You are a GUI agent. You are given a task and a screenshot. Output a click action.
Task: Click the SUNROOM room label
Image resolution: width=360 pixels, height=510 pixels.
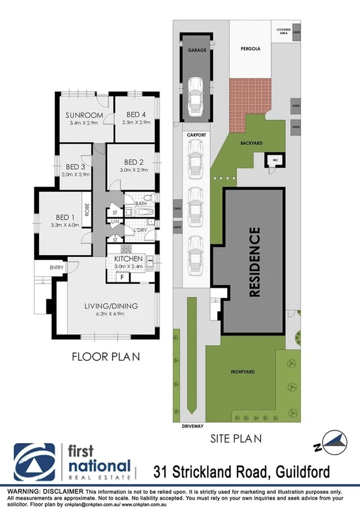tap(85, 115)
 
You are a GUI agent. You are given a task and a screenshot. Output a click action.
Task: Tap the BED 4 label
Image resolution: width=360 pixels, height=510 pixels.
tap(135, 115)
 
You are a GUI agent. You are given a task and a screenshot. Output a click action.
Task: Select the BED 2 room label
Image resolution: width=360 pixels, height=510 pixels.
tap(134, 162)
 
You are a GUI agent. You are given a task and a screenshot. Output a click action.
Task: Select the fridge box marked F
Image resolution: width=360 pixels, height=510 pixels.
tap(122, 277)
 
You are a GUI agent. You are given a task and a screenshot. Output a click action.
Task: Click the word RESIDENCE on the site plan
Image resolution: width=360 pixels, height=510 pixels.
tap(255, 262)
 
